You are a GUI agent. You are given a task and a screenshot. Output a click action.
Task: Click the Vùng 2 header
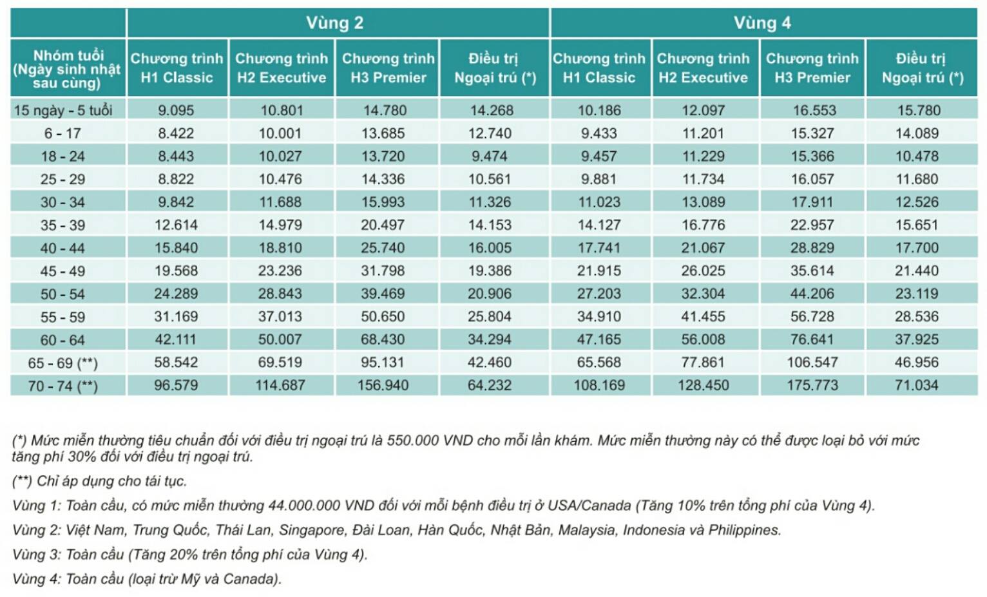tap(334, 23)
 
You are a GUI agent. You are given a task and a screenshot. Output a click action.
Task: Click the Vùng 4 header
tap(762, 23)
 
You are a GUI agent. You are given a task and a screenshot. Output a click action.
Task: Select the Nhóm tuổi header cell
tap(68, 69)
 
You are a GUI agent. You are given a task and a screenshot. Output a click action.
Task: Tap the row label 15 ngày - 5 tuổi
tap(63, 110)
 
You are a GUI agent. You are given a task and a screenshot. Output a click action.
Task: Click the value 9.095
tap(176, 110)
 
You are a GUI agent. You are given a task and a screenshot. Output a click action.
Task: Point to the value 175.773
tap(812, 385)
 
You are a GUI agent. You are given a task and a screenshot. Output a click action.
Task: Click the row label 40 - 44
tap(62, 248)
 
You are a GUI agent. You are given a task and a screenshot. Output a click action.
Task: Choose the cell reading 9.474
tap(489, 156)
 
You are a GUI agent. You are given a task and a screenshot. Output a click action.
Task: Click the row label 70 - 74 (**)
tap(62, 386)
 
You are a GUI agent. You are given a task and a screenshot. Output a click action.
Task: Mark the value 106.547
tap(812, 363)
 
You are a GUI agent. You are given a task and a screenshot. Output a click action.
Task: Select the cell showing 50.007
tap(280, 339)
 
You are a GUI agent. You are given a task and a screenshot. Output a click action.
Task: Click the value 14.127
tap(599, 225)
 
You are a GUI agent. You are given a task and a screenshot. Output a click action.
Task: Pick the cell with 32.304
tap(703, 294)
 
